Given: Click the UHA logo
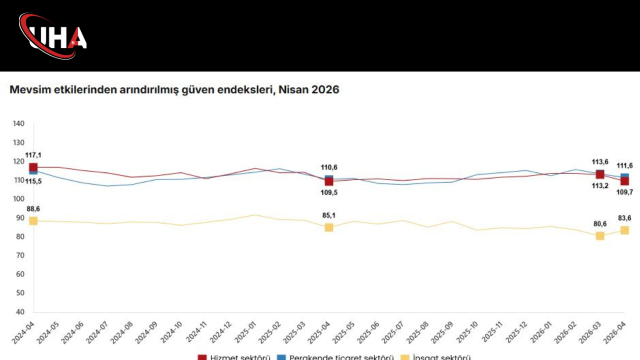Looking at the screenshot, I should (x=53, y=36).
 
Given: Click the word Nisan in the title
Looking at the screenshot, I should (x=294, y=90).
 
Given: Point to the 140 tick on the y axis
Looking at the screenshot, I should (x=18, y=123).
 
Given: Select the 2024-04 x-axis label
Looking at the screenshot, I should (x=22, y=332).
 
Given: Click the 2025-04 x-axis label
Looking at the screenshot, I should (x=318, y=332).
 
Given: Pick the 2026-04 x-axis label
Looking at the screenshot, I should (x=614, y=332).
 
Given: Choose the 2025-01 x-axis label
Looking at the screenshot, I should (x=244, y=332).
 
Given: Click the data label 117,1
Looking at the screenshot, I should (x=33, y=155).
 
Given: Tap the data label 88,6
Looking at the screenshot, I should (x=33, y=209).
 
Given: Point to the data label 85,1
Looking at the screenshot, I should (x=328, y=216).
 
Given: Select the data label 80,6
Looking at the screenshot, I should (x=600, y=224).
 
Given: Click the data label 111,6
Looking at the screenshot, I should (x=624, y=166).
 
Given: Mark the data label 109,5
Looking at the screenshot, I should (x=328, y=192).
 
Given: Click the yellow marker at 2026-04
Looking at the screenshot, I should (x=624, y=230).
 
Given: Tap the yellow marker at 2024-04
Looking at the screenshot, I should (x=33, y=221).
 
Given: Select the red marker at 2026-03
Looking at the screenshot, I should (x=600, y=174).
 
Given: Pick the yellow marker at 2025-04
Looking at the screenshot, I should (x=328, y=227).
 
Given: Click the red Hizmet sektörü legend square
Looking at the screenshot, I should (x=202, y=357).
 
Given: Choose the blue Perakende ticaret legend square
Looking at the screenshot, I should (x=281, y=357).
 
